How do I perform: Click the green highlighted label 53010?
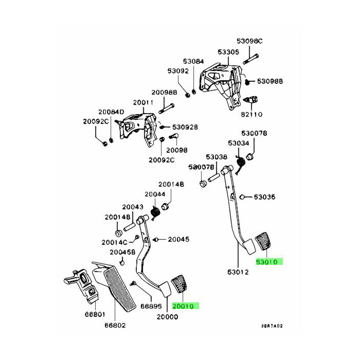269,262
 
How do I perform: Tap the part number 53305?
228,52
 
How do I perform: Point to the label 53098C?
249,41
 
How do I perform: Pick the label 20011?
143,102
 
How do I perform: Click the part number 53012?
238,272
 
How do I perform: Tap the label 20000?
167,317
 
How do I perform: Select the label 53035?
265,197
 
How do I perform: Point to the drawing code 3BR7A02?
272,326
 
